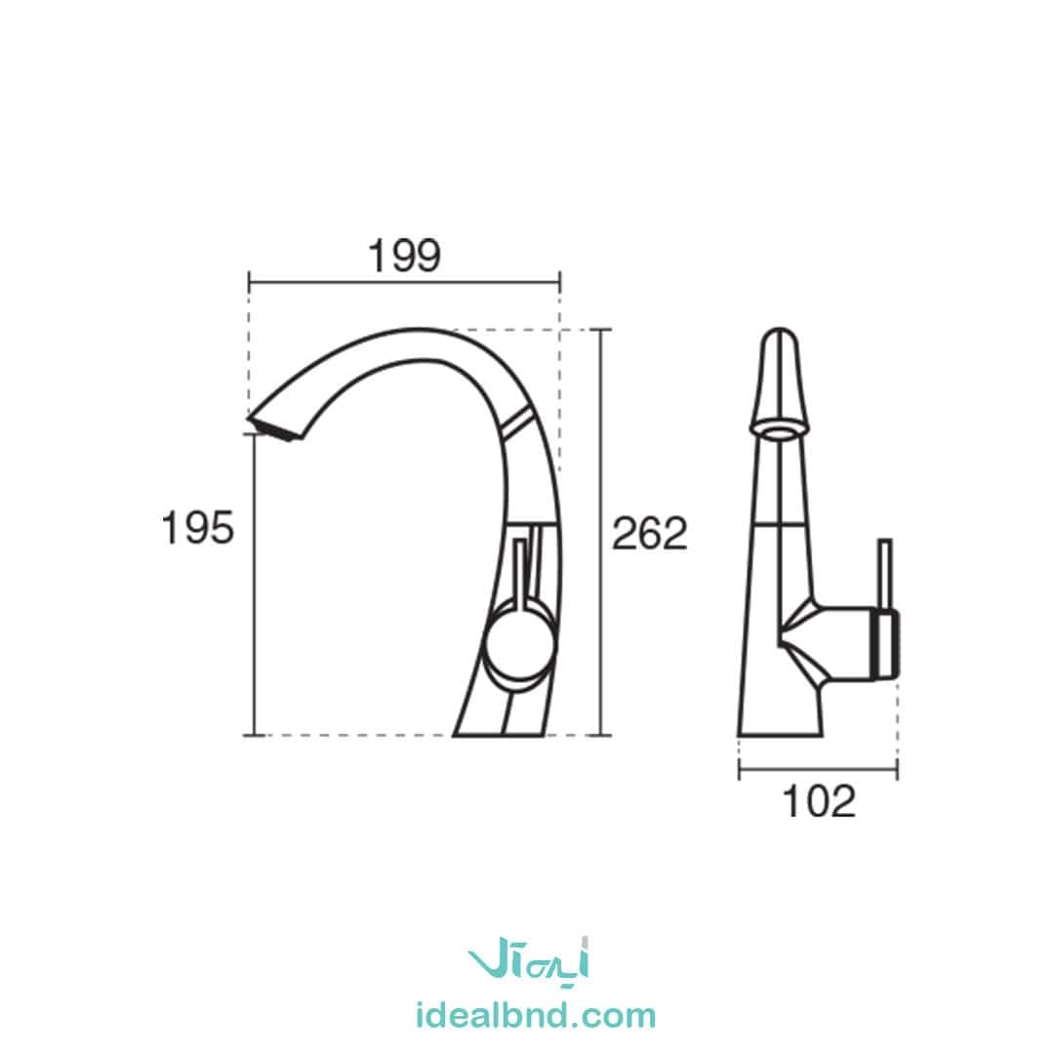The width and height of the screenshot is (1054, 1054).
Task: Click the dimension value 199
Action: coord(404,256)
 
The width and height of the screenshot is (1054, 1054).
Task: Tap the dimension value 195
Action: coord(197,528)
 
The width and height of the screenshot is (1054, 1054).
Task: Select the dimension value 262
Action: coord(650,535)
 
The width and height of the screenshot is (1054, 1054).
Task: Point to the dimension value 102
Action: coord(820,802)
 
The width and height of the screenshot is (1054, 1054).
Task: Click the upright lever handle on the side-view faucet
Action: coord(520,571)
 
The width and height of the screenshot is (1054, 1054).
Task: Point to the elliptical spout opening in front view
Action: coord(780,429)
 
